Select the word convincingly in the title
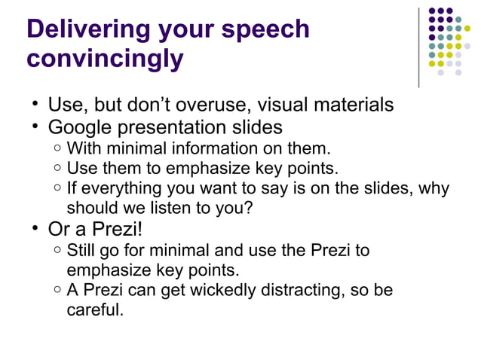click(105, 58)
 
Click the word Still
click(81, 249)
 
